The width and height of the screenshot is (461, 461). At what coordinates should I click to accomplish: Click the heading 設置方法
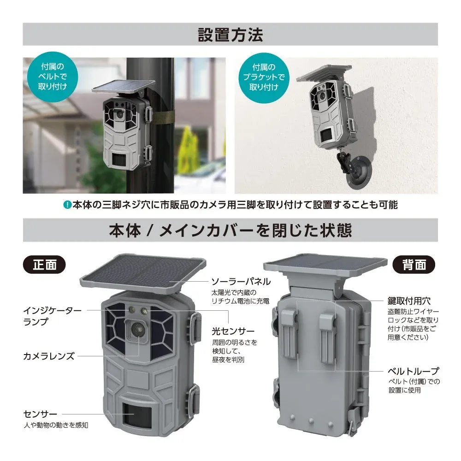pos(230,35)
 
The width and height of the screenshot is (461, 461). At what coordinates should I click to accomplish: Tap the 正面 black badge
pos(44,265)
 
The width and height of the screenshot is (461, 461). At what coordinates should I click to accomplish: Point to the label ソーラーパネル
pos(241,281)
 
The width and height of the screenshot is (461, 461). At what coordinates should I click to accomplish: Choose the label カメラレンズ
pos(48,356)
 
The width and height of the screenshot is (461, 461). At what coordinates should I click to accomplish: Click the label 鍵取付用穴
pos(408,301)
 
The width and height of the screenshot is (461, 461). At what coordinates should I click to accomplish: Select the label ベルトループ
pos(412,371)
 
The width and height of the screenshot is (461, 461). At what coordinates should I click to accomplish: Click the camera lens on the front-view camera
pos(138,329)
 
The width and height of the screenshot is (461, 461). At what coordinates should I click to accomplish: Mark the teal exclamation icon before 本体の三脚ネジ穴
pos(67,204)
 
